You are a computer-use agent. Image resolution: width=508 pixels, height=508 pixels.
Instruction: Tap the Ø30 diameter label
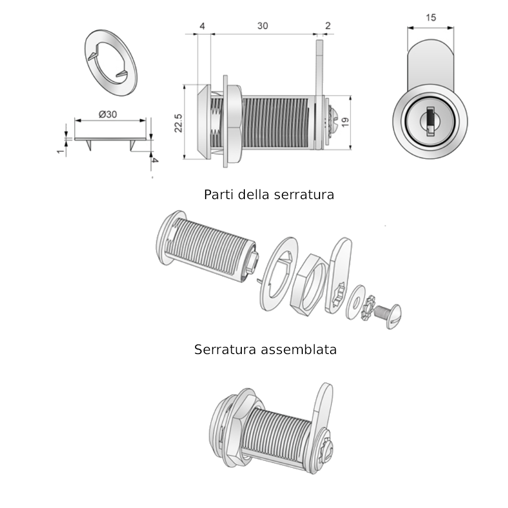[x=108, y=114]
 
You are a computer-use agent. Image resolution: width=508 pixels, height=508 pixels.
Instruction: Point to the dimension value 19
[x=345, y=122]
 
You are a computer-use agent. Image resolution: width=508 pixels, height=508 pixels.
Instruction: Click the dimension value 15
[x=431, y=18]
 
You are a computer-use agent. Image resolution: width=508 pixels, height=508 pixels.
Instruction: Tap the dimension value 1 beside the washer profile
[x=60, y=151]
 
